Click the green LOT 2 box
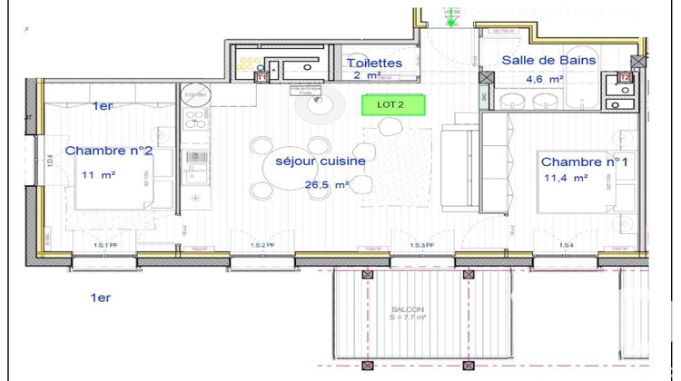(x=394, y=104)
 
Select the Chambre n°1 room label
(x=585, y=161)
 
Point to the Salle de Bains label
(x=549, y=61)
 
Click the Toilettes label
(x=374, y=63)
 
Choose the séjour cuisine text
(x=321, y=161)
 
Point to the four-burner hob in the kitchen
(x=196, y=119)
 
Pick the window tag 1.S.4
(x=567, y=246)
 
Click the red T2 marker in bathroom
(x=626, y=79)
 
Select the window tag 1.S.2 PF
(x=263, y=246)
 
